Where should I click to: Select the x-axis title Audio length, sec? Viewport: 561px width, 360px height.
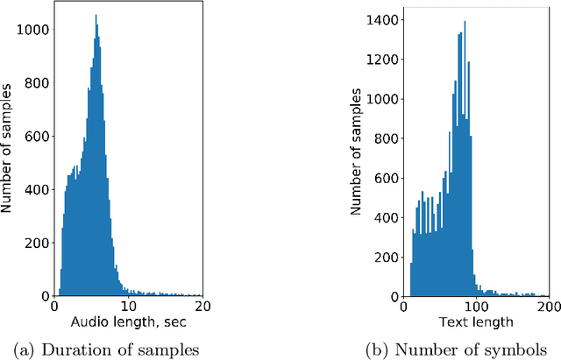[x=127, y=321]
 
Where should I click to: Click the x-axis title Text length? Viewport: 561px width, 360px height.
[x=474, y=321]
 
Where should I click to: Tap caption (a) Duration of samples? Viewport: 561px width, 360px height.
[x=128, y=349]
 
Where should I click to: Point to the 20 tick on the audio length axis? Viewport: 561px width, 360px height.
[x=202, y=307]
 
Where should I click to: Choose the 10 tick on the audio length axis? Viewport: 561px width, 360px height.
[x=128, y=307]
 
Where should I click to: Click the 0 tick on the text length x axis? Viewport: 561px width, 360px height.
[x=402, y=307]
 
